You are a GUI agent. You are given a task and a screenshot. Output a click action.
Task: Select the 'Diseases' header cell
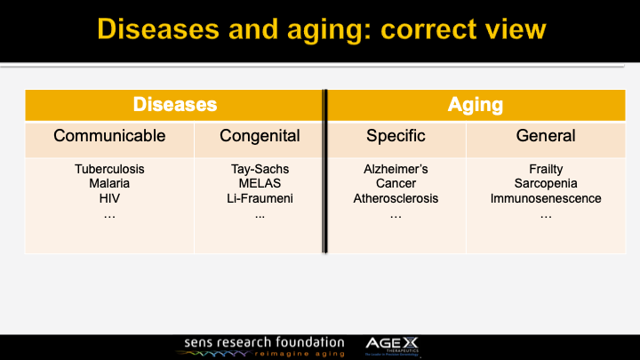tap(175, 105)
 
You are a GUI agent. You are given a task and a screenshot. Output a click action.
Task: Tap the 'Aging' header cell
tap(475, 105)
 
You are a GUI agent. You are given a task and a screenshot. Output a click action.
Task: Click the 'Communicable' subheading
tap(109, 136)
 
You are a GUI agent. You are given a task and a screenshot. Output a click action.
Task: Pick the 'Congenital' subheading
tap(260, 136)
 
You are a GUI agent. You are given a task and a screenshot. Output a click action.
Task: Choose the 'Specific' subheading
tap(396, 136)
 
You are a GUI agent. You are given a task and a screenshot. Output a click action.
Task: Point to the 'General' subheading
tap(546, 136)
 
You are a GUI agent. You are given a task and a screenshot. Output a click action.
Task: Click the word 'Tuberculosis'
tap(109, 169)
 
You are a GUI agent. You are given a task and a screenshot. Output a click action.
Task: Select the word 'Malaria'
tap(109, 184)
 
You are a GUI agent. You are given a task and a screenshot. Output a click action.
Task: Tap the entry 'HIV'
tap(109, 198)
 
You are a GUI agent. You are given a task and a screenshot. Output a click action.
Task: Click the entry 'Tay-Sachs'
tap(260, 169)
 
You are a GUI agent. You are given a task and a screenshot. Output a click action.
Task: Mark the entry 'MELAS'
tap(260, 184)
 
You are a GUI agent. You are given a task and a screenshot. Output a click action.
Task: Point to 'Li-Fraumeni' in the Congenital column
tap(260, 198)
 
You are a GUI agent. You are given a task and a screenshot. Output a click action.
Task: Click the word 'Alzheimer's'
tap(396, 169)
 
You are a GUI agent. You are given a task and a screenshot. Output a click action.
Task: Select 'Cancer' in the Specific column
tap(396, 184)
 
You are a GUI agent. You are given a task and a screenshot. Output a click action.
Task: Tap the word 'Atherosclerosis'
tap(396, 198)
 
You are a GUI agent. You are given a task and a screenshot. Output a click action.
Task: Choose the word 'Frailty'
tap(546, 169)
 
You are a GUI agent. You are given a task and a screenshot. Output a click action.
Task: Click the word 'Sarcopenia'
tap(546, 184)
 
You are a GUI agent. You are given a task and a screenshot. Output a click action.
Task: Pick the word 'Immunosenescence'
tap(546, 198)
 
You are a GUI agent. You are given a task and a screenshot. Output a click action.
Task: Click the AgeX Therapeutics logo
tap(396, 346)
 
